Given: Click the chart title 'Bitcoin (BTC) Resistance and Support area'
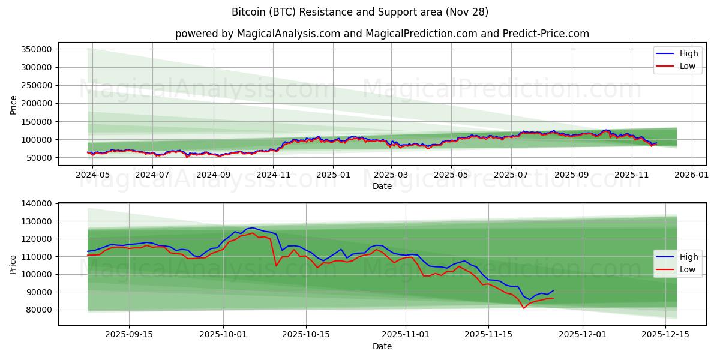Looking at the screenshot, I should click(359, 12).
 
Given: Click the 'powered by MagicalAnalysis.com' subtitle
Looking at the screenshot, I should click(382, 34).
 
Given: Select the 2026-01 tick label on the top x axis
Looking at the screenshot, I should click(692, 175).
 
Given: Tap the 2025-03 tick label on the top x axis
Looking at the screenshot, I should click(391, 175).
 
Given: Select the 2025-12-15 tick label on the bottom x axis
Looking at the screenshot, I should click(665, 334).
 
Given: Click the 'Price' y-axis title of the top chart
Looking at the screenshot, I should click(13, 104).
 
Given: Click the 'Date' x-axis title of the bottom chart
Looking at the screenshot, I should click(382, 346).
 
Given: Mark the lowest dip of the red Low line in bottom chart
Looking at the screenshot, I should click(524, 308).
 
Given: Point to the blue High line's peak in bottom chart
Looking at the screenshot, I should click(253, 228).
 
